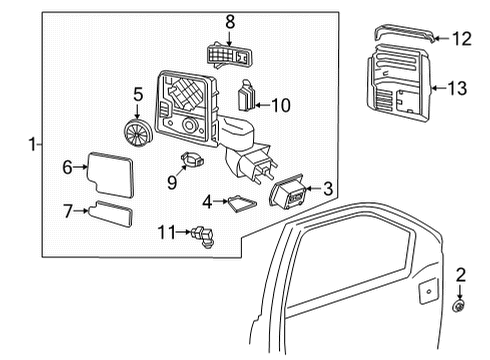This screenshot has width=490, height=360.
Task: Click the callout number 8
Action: tap(229, 20)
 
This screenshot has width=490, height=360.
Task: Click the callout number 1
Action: tap(36, 145)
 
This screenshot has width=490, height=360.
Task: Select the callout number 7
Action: tap(68, 211)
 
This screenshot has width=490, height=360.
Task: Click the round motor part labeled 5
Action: tap(135, 133)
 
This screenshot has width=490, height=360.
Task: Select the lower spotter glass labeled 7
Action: tap(118, 213)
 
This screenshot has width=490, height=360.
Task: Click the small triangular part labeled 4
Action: tap(240, 203)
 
